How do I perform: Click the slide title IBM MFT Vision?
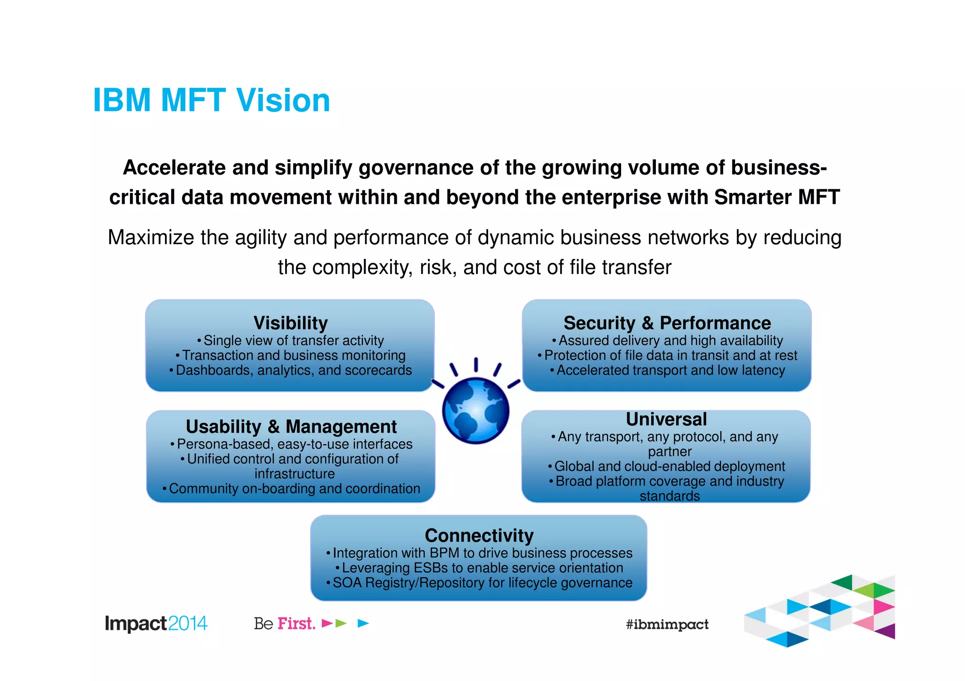point(212,100)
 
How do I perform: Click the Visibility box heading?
point(290,323)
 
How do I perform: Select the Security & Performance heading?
point(667,323)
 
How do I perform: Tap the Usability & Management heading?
point(291,426)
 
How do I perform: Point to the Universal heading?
point(666,419)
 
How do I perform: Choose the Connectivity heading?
point(479,535)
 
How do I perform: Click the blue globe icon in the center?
point(476,410)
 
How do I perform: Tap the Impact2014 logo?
point(156,624)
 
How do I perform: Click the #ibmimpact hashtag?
point(667,625)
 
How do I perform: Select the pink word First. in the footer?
point(296,624)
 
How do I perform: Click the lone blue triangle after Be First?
point(363,624)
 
